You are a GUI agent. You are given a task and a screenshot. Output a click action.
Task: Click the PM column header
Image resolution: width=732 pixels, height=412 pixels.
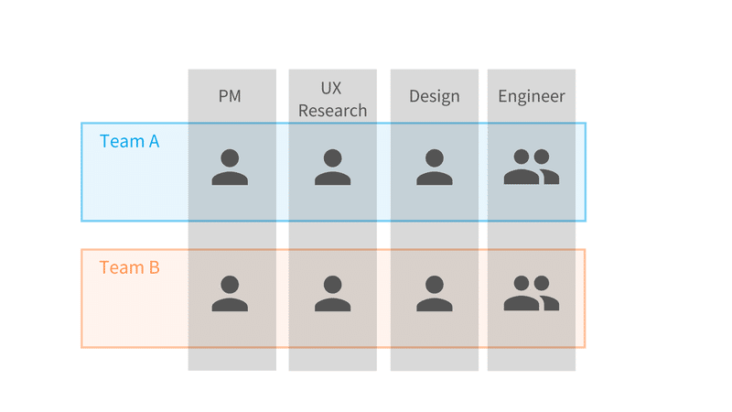(230, 96)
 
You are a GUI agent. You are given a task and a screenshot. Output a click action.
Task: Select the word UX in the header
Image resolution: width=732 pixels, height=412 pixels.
(331, 88)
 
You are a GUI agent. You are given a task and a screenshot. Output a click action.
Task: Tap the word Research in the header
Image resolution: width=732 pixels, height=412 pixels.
(332, 111)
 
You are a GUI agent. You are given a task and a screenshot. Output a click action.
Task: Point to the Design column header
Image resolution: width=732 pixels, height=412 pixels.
(434, 96)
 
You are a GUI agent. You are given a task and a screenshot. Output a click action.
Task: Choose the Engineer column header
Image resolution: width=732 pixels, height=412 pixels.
(532, 96)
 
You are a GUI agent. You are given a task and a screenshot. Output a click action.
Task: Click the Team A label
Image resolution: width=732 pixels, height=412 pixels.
(129, 141)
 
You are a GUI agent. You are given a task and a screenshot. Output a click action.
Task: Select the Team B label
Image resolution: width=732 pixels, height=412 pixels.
(129, 267)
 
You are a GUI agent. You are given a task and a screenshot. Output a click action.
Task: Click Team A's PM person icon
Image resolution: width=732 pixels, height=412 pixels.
(230, 168)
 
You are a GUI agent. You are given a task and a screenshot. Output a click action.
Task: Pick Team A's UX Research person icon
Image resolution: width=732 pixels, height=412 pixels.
(332, 168)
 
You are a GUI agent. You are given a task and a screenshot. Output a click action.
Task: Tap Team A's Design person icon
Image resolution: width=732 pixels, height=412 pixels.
(434, 168)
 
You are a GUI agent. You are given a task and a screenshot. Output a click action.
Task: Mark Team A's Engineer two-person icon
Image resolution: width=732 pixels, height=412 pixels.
(532, 167)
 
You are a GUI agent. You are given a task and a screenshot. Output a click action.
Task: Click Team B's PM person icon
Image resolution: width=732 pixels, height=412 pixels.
(230, 293)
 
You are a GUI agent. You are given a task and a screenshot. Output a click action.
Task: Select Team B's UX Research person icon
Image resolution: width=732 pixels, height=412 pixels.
(332, 293)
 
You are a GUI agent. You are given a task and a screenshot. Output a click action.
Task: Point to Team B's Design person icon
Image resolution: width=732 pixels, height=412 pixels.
(434, 293)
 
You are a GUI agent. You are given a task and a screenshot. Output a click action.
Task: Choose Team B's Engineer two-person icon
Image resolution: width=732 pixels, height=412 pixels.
(532, 293)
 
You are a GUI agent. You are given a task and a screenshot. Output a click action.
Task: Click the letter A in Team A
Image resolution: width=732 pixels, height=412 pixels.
(154, 141)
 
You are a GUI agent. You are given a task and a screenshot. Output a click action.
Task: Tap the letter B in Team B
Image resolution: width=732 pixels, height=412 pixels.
(155, 267)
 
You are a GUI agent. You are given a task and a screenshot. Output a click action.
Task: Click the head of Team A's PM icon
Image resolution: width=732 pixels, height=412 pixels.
(230, 157)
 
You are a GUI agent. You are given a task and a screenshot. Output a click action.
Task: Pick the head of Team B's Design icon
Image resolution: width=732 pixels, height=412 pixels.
(434, 284)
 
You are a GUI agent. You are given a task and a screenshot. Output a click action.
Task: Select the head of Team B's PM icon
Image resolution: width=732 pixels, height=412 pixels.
(230, 284)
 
